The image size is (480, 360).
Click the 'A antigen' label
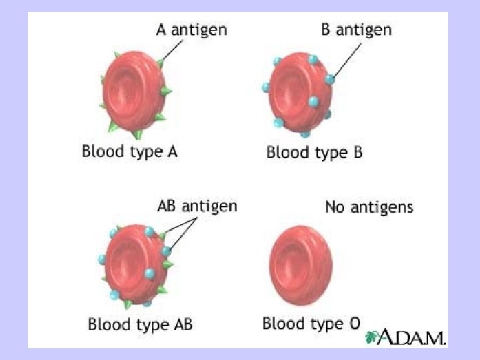(191, 29)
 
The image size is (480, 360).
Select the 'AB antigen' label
(197, 206)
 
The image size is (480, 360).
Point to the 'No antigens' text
(369, 207)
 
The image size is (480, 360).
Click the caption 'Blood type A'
(130, 151)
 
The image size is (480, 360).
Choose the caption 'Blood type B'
(315, 153)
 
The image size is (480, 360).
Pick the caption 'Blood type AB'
(140, 325)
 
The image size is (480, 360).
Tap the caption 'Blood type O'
(311, 324)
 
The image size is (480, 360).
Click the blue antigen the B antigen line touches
(329, 79)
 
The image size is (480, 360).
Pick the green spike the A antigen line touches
(161, 63)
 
